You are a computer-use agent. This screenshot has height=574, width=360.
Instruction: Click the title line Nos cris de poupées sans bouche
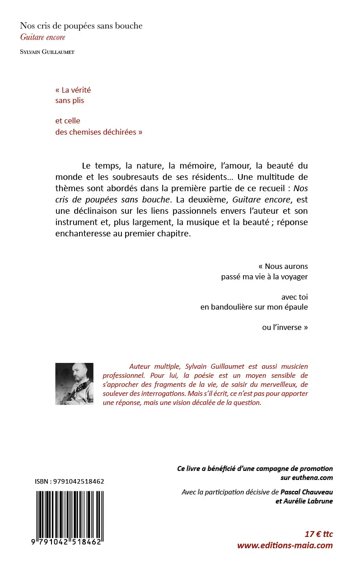(81, 26)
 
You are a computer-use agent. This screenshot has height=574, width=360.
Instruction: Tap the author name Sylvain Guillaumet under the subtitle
(47, 52)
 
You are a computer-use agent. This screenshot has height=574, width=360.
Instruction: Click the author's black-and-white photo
(74, 384)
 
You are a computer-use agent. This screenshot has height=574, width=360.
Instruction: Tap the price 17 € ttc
(318, 534)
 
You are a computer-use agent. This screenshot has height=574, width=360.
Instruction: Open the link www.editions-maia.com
(285, 546)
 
